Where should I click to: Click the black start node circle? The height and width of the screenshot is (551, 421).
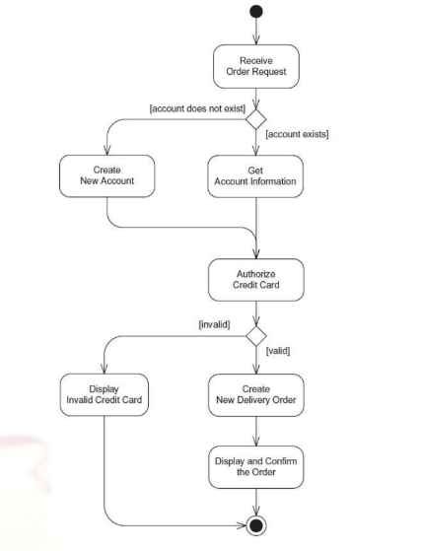256,11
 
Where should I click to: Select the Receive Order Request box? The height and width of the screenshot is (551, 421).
256,66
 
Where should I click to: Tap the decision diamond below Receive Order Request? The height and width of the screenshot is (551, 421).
255,119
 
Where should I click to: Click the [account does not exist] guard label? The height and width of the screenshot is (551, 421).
197,108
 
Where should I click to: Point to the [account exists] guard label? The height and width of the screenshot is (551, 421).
298,134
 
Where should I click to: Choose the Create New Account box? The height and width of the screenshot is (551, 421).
106,175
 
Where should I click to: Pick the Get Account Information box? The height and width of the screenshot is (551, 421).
255,176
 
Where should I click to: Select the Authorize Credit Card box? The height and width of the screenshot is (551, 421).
256,280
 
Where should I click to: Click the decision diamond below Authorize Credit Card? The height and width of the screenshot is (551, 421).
256,336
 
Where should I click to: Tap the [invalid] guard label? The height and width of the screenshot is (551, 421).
214,324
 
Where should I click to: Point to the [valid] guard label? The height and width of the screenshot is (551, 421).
278,351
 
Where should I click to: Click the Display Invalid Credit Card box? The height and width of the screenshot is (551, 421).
105,394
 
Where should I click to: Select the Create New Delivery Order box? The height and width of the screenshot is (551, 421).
256,395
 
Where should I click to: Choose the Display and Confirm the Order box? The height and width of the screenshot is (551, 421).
256,467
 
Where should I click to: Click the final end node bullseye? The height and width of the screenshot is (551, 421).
255,525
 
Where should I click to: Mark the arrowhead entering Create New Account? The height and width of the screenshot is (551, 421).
106,151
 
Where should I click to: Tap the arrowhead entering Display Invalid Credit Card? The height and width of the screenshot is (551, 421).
105,369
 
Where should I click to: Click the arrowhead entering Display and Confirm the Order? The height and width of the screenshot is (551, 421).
256,441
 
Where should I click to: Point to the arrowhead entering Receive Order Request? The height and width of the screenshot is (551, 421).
256,39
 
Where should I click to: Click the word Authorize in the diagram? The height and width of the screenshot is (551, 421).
255,274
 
